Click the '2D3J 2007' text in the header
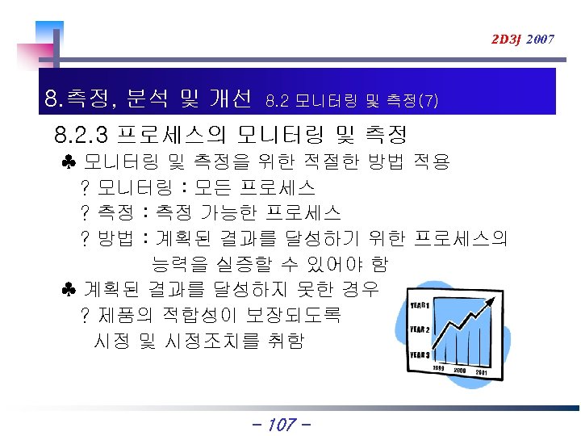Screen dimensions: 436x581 (523, 39)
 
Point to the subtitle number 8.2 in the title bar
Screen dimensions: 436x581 (277, 102)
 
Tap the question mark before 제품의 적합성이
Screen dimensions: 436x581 (85, 315)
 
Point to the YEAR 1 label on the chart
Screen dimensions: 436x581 (420, 305)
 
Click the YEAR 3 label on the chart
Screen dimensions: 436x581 (420, 354)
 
